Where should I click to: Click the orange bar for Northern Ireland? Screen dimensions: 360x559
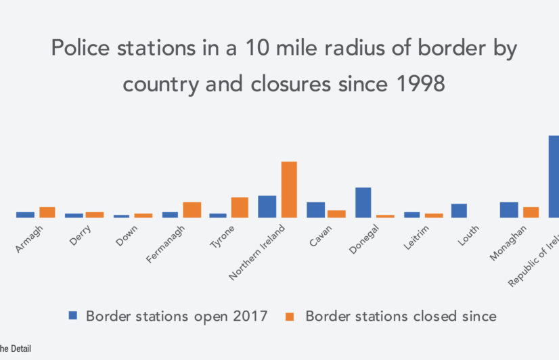(289, 189)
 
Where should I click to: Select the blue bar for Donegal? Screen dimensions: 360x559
(363, 202)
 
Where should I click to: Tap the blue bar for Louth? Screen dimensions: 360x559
(459, 210)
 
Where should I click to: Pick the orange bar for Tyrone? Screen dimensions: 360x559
(240, 207)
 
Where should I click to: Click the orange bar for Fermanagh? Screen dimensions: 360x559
(192, 210)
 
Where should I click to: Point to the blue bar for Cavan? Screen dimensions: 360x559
(315, 210)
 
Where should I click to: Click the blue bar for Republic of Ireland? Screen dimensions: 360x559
(554, 177)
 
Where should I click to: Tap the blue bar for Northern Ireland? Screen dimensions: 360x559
(267, 206)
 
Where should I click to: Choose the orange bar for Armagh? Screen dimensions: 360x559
(47, 212)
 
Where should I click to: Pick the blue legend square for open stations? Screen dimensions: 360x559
(73, 315)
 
